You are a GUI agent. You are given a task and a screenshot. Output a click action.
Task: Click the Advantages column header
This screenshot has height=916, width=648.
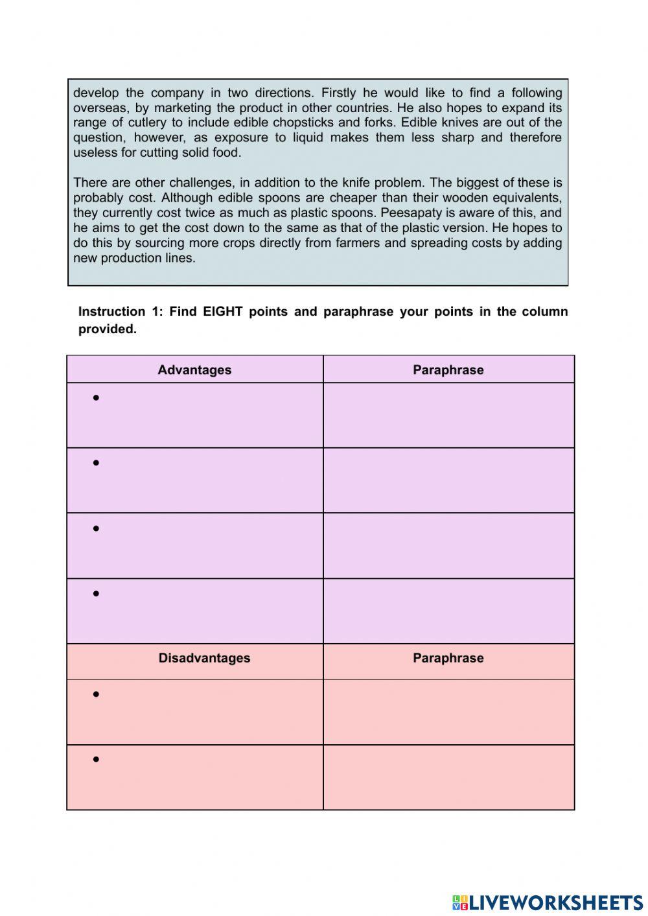pyautogui.click(x=194, y=370)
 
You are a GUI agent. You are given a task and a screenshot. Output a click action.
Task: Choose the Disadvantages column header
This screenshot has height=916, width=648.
pyautogui.click(x=204, y=658)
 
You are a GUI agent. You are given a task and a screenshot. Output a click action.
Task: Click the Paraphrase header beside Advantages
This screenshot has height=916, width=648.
pyautogui.click(x=448, y=370)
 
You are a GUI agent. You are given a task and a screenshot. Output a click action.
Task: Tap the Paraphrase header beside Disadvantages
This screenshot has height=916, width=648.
pyautogui.click(x=448, y=658)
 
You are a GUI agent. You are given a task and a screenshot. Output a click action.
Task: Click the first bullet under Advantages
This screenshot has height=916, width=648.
pyautogui.click(x=96, y=398)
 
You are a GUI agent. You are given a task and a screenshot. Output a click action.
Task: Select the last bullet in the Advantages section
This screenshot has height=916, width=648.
pyautogui.click(x=96, y=594)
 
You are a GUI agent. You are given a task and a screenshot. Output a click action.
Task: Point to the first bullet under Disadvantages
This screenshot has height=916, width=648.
pyautogui.click(x=96, y=694)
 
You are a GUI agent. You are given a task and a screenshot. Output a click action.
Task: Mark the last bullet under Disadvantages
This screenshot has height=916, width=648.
pyautogui.click(x=96, y=759)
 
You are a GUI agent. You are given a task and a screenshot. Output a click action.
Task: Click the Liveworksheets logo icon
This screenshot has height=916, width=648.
pyautogui.click(x=460, y=902)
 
